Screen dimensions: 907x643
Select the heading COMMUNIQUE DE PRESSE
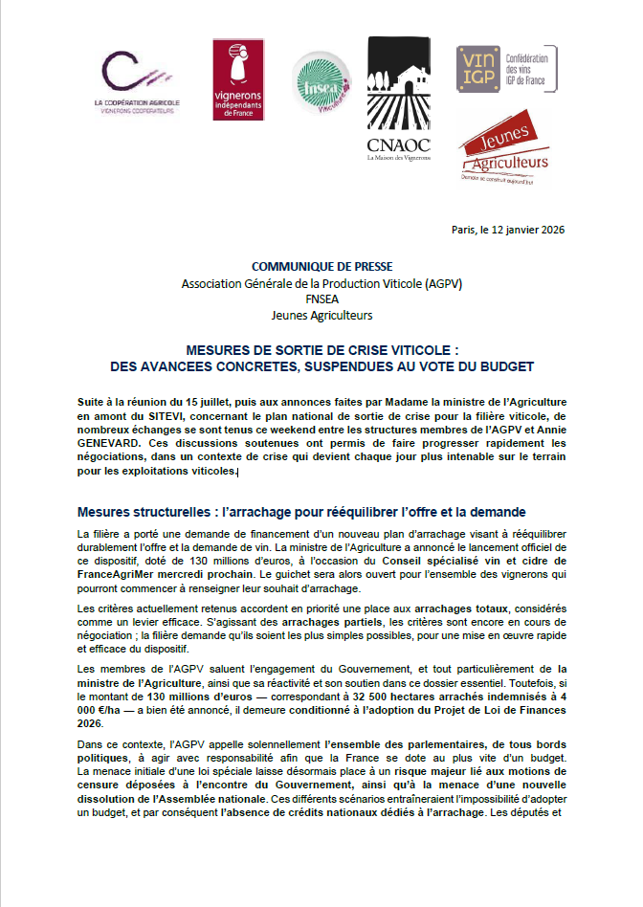321,266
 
